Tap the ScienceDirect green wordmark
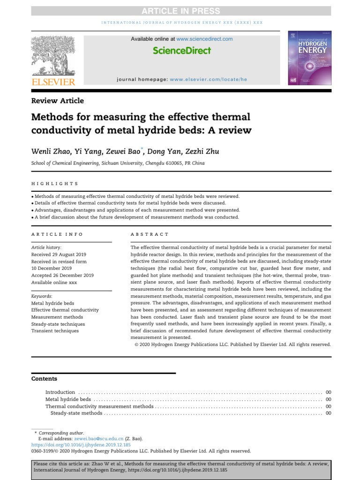[x=182, y=51]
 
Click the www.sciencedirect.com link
[x=204, y=39]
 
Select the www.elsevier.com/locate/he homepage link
[x=208, y=80]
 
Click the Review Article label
[x=58, y=101]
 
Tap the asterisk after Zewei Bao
[x=143, y=149]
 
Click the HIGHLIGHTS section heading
[x=55, y=184]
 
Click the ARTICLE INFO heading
[x=57, y=234]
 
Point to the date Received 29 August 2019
[x=59, y=254]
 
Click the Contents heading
[x=44, y=379]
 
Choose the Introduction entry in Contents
[x=60, y=392]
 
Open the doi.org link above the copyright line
[x=81, y=444]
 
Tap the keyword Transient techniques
[x=55, y=331]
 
